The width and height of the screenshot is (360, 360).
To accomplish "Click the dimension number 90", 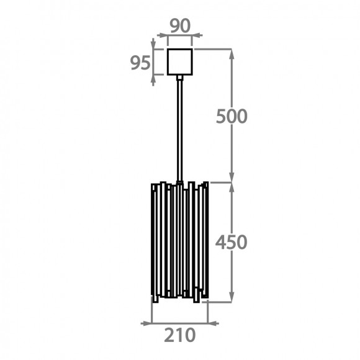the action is pos(180,25).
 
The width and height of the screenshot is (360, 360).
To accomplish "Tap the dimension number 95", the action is pos(140,63).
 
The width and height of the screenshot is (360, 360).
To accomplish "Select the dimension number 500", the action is pos(232,117).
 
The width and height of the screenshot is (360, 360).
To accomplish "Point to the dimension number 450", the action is pos(231,242).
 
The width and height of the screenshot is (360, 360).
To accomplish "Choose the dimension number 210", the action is pos(180,335).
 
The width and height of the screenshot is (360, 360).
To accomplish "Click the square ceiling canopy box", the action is pos(180,62).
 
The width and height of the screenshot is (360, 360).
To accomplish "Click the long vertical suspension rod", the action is pos(180,130).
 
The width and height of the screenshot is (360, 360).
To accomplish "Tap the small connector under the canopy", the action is pos(180,78).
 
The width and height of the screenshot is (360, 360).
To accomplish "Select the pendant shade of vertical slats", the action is pos(180,242).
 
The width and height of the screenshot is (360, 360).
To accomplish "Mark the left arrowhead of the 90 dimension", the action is pos(161,35).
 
